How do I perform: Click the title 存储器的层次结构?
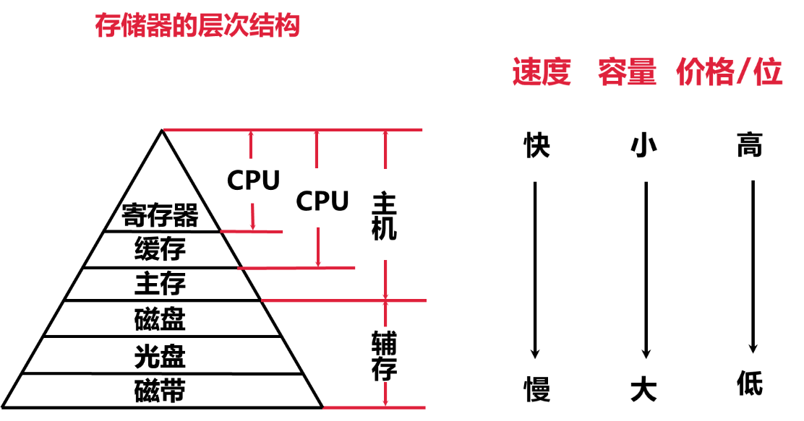click(x=197, y=27)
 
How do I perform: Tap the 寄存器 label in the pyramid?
click(x=160, y=215)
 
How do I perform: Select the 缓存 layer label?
click(x=160, y=249)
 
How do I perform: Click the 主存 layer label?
click(x=160, y=284)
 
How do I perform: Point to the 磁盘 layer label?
click(x=160, y=318)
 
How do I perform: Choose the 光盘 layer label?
click(x=160, y=356)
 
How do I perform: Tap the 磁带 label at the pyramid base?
click(x=160, y=391)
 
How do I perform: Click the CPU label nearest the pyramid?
click(x=253, y=181)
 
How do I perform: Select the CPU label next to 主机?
click(x=322, y=201)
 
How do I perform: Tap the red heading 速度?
click(x=542, y=73)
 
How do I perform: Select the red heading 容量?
click(x=627, y=73)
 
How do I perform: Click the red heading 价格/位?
click(x=730, y=73)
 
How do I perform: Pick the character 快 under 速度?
click(x=536, y=146)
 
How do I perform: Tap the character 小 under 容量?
click(x=643, y=146)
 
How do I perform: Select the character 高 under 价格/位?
click(x=750, y=146)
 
